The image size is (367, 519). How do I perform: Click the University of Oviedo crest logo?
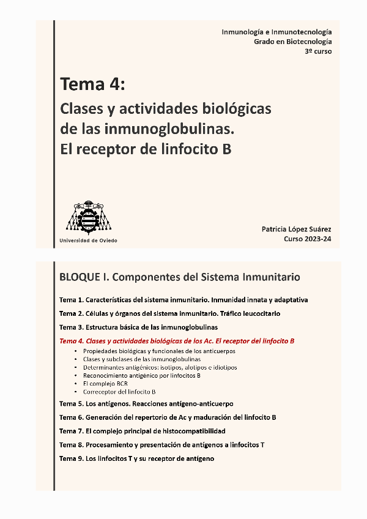click(89, 217)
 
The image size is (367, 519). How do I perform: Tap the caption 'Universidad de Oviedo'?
click(88, 241)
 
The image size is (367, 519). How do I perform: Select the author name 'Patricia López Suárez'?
click(297, 229)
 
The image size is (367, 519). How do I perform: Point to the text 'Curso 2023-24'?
click(308, 239)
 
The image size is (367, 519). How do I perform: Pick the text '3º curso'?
click(319, 51)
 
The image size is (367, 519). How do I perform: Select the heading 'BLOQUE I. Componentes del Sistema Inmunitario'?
click(180, 277)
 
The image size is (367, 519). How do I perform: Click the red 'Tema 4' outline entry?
click(177, 340)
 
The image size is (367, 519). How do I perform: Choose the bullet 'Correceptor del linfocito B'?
click(119, 391)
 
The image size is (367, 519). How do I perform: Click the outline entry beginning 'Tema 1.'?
click(183, 300)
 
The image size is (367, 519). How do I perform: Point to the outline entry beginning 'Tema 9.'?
click(136, 458)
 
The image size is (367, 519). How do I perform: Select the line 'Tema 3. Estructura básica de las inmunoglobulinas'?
click(138, 327)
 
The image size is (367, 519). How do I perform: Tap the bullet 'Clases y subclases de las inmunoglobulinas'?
click(141, 359)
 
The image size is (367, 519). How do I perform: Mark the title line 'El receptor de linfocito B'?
click(146, 149)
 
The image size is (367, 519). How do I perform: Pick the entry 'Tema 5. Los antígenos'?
click(146, 404)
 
